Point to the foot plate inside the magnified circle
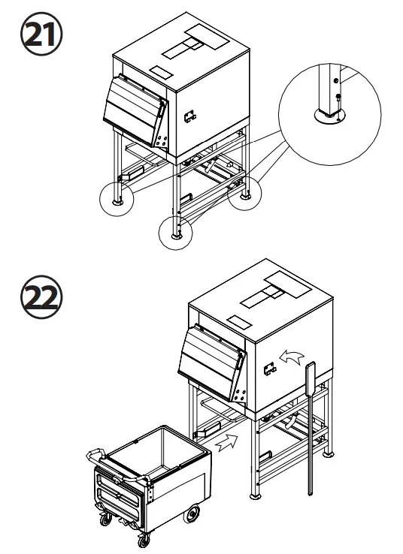point(329,115)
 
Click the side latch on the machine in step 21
point(189,115)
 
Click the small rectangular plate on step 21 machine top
point(161,71)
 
